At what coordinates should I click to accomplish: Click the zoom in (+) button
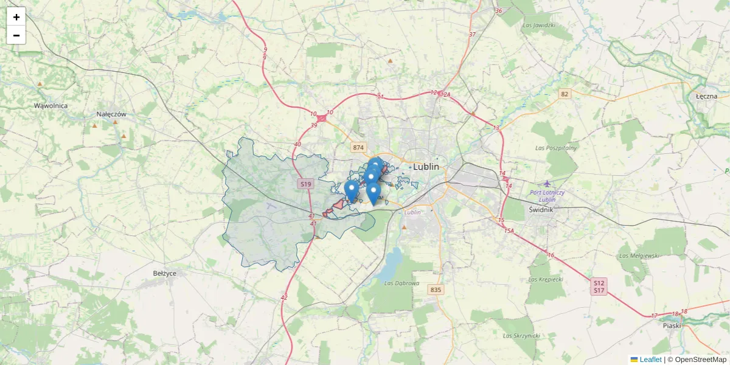coord(16,16)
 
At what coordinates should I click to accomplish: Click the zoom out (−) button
coord(16,35)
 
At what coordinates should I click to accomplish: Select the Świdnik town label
coord(540,209)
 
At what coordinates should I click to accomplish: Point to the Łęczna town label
coord(707,96)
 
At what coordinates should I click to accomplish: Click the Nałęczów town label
coord(111,114)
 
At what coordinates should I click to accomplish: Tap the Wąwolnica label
coord(50,106)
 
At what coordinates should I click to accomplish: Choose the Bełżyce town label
coord(165,273)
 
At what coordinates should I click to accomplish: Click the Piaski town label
coord(672,325)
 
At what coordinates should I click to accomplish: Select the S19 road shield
coord(305,184)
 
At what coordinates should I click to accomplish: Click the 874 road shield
coord(358,148)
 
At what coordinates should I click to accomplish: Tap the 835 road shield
coord(435,290)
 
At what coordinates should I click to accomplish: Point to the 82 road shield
coord(565,94)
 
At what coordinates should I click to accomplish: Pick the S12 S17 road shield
coord(599,287)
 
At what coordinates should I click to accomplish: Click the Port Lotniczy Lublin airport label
coord(547,196)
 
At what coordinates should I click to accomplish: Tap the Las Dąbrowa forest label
coord(402,283)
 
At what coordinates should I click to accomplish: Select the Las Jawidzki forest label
coord(538,26)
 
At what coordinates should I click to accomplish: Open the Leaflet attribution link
coord(650,360)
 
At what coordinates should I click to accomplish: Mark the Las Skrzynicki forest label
coord(521,335)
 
